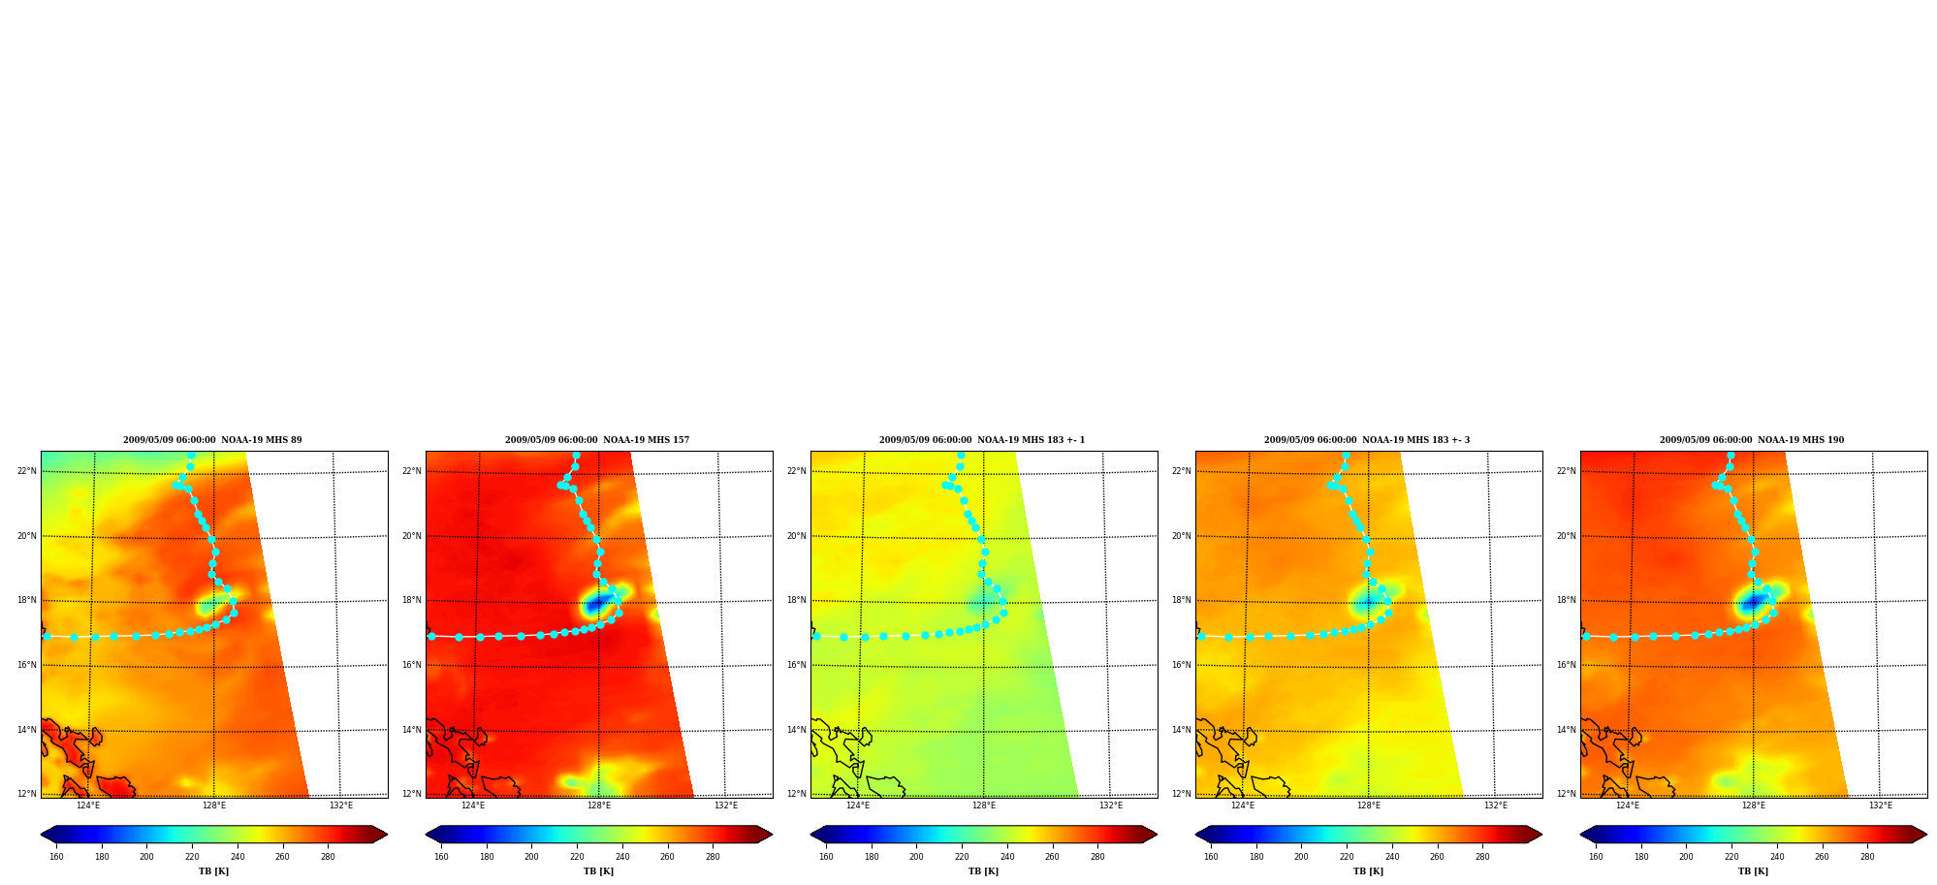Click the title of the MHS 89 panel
212,440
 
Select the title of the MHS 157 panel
597,440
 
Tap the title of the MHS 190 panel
1752,440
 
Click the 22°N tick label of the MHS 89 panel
27,471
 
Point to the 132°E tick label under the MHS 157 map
726,806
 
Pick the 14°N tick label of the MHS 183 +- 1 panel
797,730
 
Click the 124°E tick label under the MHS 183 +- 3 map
1243,806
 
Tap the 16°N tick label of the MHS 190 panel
1567,665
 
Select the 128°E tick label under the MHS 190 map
1754,806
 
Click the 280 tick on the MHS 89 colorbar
328,857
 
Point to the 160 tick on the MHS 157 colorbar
441,857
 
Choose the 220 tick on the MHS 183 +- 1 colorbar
962,857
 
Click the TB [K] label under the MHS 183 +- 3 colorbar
1368,871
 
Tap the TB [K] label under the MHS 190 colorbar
1753,871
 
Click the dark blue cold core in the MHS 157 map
595,604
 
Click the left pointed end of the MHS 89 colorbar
42,835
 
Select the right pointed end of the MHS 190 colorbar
1925,835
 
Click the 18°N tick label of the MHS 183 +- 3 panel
1182,600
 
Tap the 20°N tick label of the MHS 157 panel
412,536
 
